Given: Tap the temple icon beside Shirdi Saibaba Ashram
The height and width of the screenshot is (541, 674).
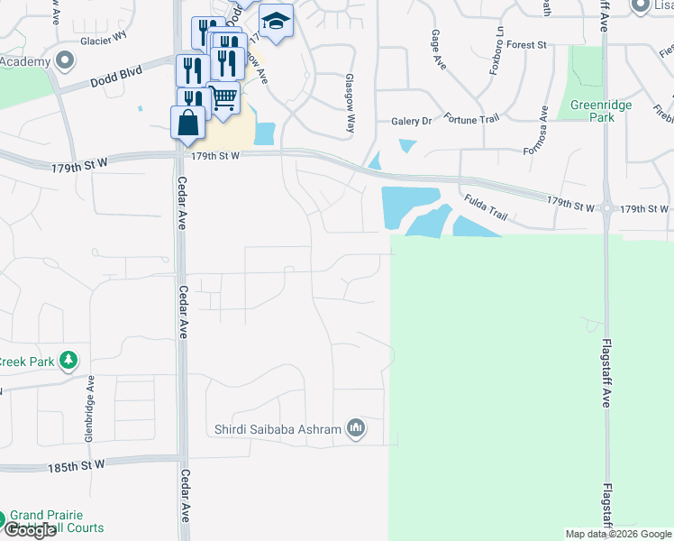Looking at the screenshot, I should [356, 428].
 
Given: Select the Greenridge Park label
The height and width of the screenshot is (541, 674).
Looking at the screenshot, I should [601, 111].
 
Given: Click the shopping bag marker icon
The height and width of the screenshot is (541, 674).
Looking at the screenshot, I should [187, 123].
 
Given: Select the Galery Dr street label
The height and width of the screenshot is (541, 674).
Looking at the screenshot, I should [412, 121].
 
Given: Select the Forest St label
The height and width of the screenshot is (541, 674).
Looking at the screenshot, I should [527, 44].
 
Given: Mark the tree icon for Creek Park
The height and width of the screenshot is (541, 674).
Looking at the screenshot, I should [68, 362].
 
